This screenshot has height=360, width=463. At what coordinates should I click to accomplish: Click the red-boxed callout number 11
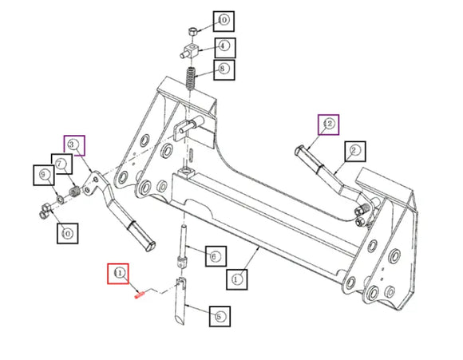tap(119, 273)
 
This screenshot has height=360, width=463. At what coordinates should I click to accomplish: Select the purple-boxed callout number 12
tap(327, 125)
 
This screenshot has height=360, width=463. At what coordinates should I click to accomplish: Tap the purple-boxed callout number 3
tap(75, 144)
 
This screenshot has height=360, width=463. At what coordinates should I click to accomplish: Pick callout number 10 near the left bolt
tap(66, 232)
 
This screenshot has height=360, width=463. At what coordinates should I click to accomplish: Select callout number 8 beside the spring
tap(223, 69)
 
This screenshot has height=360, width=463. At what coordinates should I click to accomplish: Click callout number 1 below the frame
tap(237, 279)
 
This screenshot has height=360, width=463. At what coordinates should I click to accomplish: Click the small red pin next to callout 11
tap(138, 294)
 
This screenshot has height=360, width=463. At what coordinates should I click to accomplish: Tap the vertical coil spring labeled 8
tap(192, 80)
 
